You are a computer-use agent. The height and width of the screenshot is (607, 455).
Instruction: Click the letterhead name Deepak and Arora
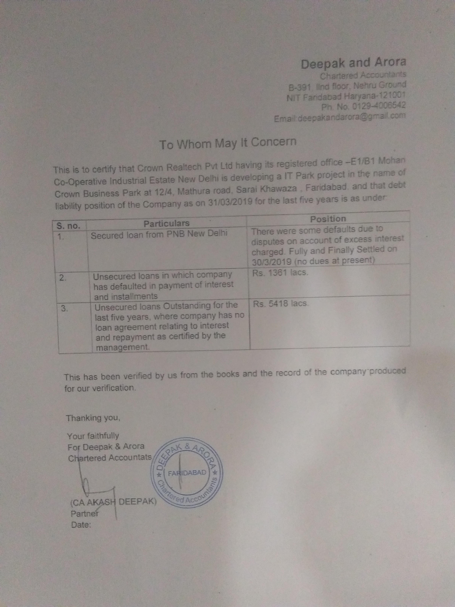pyautogui.click(x=353, y=63)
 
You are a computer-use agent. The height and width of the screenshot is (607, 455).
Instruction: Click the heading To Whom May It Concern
pyautogui.click(x=228, y=143)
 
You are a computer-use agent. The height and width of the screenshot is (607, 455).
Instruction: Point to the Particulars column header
pyautogui.click(x=167, y=223)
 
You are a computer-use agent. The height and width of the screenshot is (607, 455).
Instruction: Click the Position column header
pyautogui.click(x=328, y=219)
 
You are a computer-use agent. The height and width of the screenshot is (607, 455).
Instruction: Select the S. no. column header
pyautogui.click(x=68, y=226)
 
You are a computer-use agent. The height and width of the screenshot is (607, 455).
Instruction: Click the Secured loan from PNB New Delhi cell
pyautogui.click(x=159, y=235)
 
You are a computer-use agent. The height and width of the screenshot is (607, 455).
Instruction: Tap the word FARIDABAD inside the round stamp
pyautogui.click(x=187, y=473)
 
